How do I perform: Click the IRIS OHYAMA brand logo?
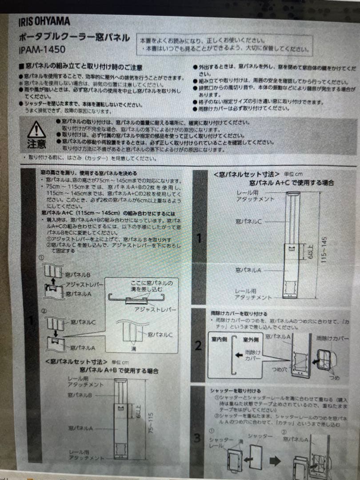click(x=44, y=21)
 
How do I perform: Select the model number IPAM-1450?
click(x=42, y=50)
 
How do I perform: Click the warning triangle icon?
click(x=36, y=130)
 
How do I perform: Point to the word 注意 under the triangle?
click(x=36, y=144)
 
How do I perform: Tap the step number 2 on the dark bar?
click(x=199, y=345)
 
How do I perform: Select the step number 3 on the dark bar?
click(x=198, y=438)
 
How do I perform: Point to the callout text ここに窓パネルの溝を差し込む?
click(x=152, y=285)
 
